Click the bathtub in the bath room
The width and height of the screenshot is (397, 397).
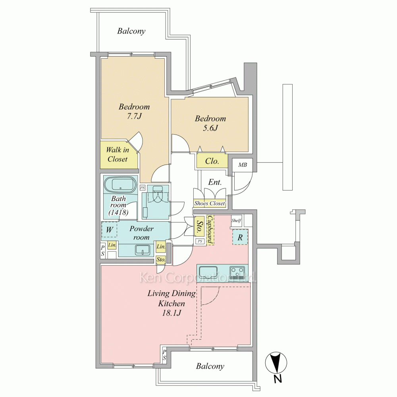click(120, 185)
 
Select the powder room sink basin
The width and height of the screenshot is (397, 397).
click(143, 250)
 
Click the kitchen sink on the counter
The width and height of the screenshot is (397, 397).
click(208, 272)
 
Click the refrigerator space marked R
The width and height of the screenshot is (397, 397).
click(240, 237)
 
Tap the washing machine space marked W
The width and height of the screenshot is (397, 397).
click(110, 229)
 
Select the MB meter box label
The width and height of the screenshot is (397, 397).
click(243, 165)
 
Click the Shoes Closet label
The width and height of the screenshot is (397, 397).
click(210, 203)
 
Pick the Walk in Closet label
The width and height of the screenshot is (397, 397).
click(118, 154)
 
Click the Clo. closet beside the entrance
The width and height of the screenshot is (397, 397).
click(212, 161)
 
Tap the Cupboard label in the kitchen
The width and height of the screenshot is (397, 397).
click(210, 230)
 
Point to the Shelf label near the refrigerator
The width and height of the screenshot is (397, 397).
click(236, 220)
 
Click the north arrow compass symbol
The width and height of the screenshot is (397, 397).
click(276, 362)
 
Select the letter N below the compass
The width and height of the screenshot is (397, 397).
click(278, 379)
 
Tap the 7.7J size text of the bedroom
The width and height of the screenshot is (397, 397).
click(134, 116)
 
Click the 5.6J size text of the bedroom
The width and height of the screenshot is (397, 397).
click(210, 128)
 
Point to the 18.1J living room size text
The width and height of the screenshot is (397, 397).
click(172, 313)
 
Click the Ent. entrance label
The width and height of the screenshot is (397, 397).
click(215, 182)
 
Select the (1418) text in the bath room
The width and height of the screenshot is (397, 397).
click(118, 212)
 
